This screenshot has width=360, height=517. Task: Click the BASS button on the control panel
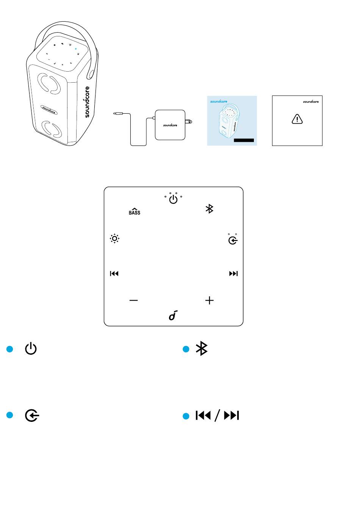pos(135,211)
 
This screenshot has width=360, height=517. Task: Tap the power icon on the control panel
pos(173,199)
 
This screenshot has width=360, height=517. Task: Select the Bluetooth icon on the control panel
pos(209,208)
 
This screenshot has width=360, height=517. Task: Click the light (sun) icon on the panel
pos(114,239)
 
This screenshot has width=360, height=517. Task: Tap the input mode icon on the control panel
pos(233,240)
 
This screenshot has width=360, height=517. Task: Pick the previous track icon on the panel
pos(114,274)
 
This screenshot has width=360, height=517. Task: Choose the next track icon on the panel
pos(233,274)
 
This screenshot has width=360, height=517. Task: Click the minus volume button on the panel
pos(133,300)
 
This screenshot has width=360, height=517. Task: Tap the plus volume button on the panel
pos(209,300)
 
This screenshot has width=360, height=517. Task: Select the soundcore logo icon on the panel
pos(173,315)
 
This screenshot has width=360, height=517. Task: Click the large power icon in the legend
pos(31,349)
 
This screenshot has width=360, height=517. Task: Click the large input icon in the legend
pos(32,416)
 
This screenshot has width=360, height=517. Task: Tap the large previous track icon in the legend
pos(203,416)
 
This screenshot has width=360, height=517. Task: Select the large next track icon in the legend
pos(232,416)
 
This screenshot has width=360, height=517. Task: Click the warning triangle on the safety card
pos(297,119)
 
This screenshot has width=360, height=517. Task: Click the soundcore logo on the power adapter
pos(170,125)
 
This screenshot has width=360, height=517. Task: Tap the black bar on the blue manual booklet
pos(244,141)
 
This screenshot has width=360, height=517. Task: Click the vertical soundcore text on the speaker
pos(87,102)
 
